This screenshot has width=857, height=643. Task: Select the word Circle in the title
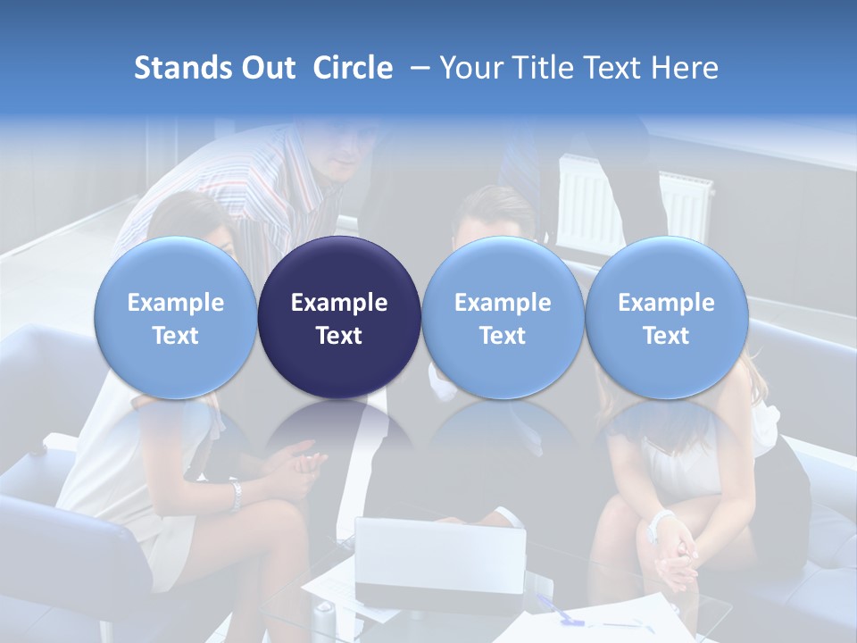coord(353,68)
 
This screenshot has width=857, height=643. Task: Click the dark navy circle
coord(339,317)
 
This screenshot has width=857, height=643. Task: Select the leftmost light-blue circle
coord(176,317)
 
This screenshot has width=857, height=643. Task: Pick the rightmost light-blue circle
coord(667,317)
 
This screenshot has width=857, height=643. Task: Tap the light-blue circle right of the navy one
coord(503,317)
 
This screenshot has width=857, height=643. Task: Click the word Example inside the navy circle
coord(339,303)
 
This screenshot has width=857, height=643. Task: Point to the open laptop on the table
coord(439,558)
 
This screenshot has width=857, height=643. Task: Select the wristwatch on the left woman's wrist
coord(235,497)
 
